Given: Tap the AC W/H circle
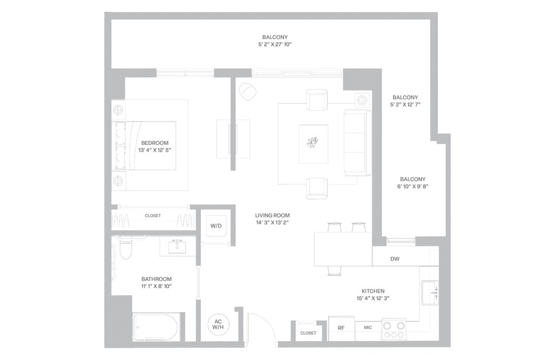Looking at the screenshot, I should click(218, 325).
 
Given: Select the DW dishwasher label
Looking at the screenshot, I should click(395, 259).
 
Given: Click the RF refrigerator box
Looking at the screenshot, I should click(341, 328).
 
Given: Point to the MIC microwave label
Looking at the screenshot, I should click(368, 328).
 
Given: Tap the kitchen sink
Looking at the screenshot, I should click(430, 293).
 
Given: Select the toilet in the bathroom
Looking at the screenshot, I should click(126, 249).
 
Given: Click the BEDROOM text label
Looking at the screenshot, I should click(155, 143).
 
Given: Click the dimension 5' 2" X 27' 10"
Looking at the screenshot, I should click(275, 44).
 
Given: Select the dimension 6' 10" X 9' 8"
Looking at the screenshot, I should click(413, 186).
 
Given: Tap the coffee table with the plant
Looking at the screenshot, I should click(313, 143).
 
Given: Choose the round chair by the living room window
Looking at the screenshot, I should click(247, 92).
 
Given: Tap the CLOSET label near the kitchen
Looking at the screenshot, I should click(308, 333).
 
